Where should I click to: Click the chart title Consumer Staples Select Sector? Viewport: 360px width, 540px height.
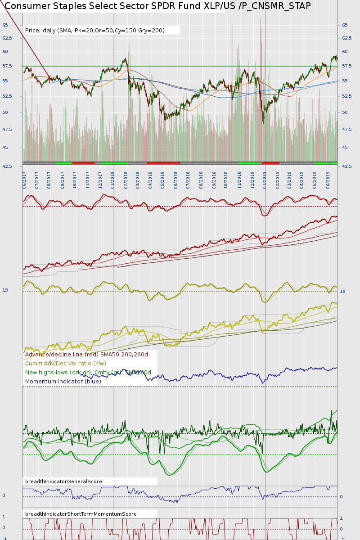click(x=157, y=6)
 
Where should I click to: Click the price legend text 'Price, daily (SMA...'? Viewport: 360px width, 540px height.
click(x=95, y=31)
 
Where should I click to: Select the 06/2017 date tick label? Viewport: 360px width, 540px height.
click(x=25, y=179)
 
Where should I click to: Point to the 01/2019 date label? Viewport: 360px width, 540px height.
click(x=265, y=179)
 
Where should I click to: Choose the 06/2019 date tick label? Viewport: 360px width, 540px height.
click(x=328, y=179)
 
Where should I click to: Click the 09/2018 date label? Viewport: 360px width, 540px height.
click(x=214, y=179)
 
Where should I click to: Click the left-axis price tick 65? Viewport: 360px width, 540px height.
click(x=5, y=25)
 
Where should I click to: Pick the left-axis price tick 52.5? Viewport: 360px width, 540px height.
click(x=6, y=96)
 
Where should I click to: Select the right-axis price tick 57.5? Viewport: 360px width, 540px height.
click(x=346, y=66)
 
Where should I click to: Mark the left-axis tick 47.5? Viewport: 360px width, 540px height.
click(x=6, y=130)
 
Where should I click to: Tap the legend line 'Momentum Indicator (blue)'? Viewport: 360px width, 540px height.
click(x=63, y=382)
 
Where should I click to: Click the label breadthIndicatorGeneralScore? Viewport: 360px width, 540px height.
click(x=63, y=481)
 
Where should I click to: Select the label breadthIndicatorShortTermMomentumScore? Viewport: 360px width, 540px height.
click(x=81, y=514)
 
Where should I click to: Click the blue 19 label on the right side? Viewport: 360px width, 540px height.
click(x=342, y=292)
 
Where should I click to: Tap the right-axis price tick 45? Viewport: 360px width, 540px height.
click(x=345, y=148)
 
